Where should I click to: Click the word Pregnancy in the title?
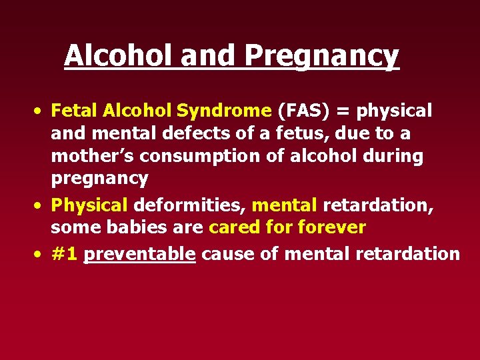point(321,56)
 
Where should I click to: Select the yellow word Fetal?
point(71,110)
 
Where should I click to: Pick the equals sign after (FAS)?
point(336,111)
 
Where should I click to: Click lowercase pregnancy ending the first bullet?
point(99,179)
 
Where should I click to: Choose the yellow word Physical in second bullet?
point(89,205)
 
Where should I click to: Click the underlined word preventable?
point(139,253)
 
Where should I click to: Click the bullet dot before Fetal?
point(41,111)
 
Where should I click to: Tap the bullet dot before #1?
point(41,254)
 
